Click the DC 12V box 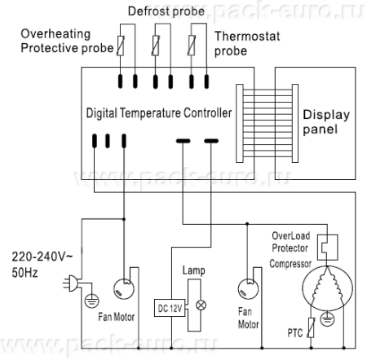point(170,308)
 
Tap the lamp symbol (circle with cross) point(201,305)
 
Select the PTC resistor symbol point(312,327)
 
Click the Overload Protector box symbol point(328,248)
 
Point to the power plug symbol point(70,283)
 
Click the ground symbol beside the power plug point(92,301)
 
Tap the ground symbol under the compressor point(327,318)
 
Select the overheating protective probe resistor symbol point(121,46)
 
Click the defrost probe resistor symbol point(156,46)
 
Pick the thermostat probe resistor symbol point(192,46)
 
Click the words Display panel point(326,122)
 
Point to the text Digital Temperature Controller point(159,113)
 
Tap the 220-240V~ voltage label point(42,257)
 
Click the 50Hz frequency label point(24,273)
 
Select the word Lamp point(193,270)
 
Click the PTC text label point(295,333)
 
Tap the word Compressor point(290,264)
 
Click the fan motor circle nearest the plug point(124,289)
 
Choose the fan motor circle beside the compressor point(248,289)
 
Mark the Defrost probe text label point(166,11)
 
